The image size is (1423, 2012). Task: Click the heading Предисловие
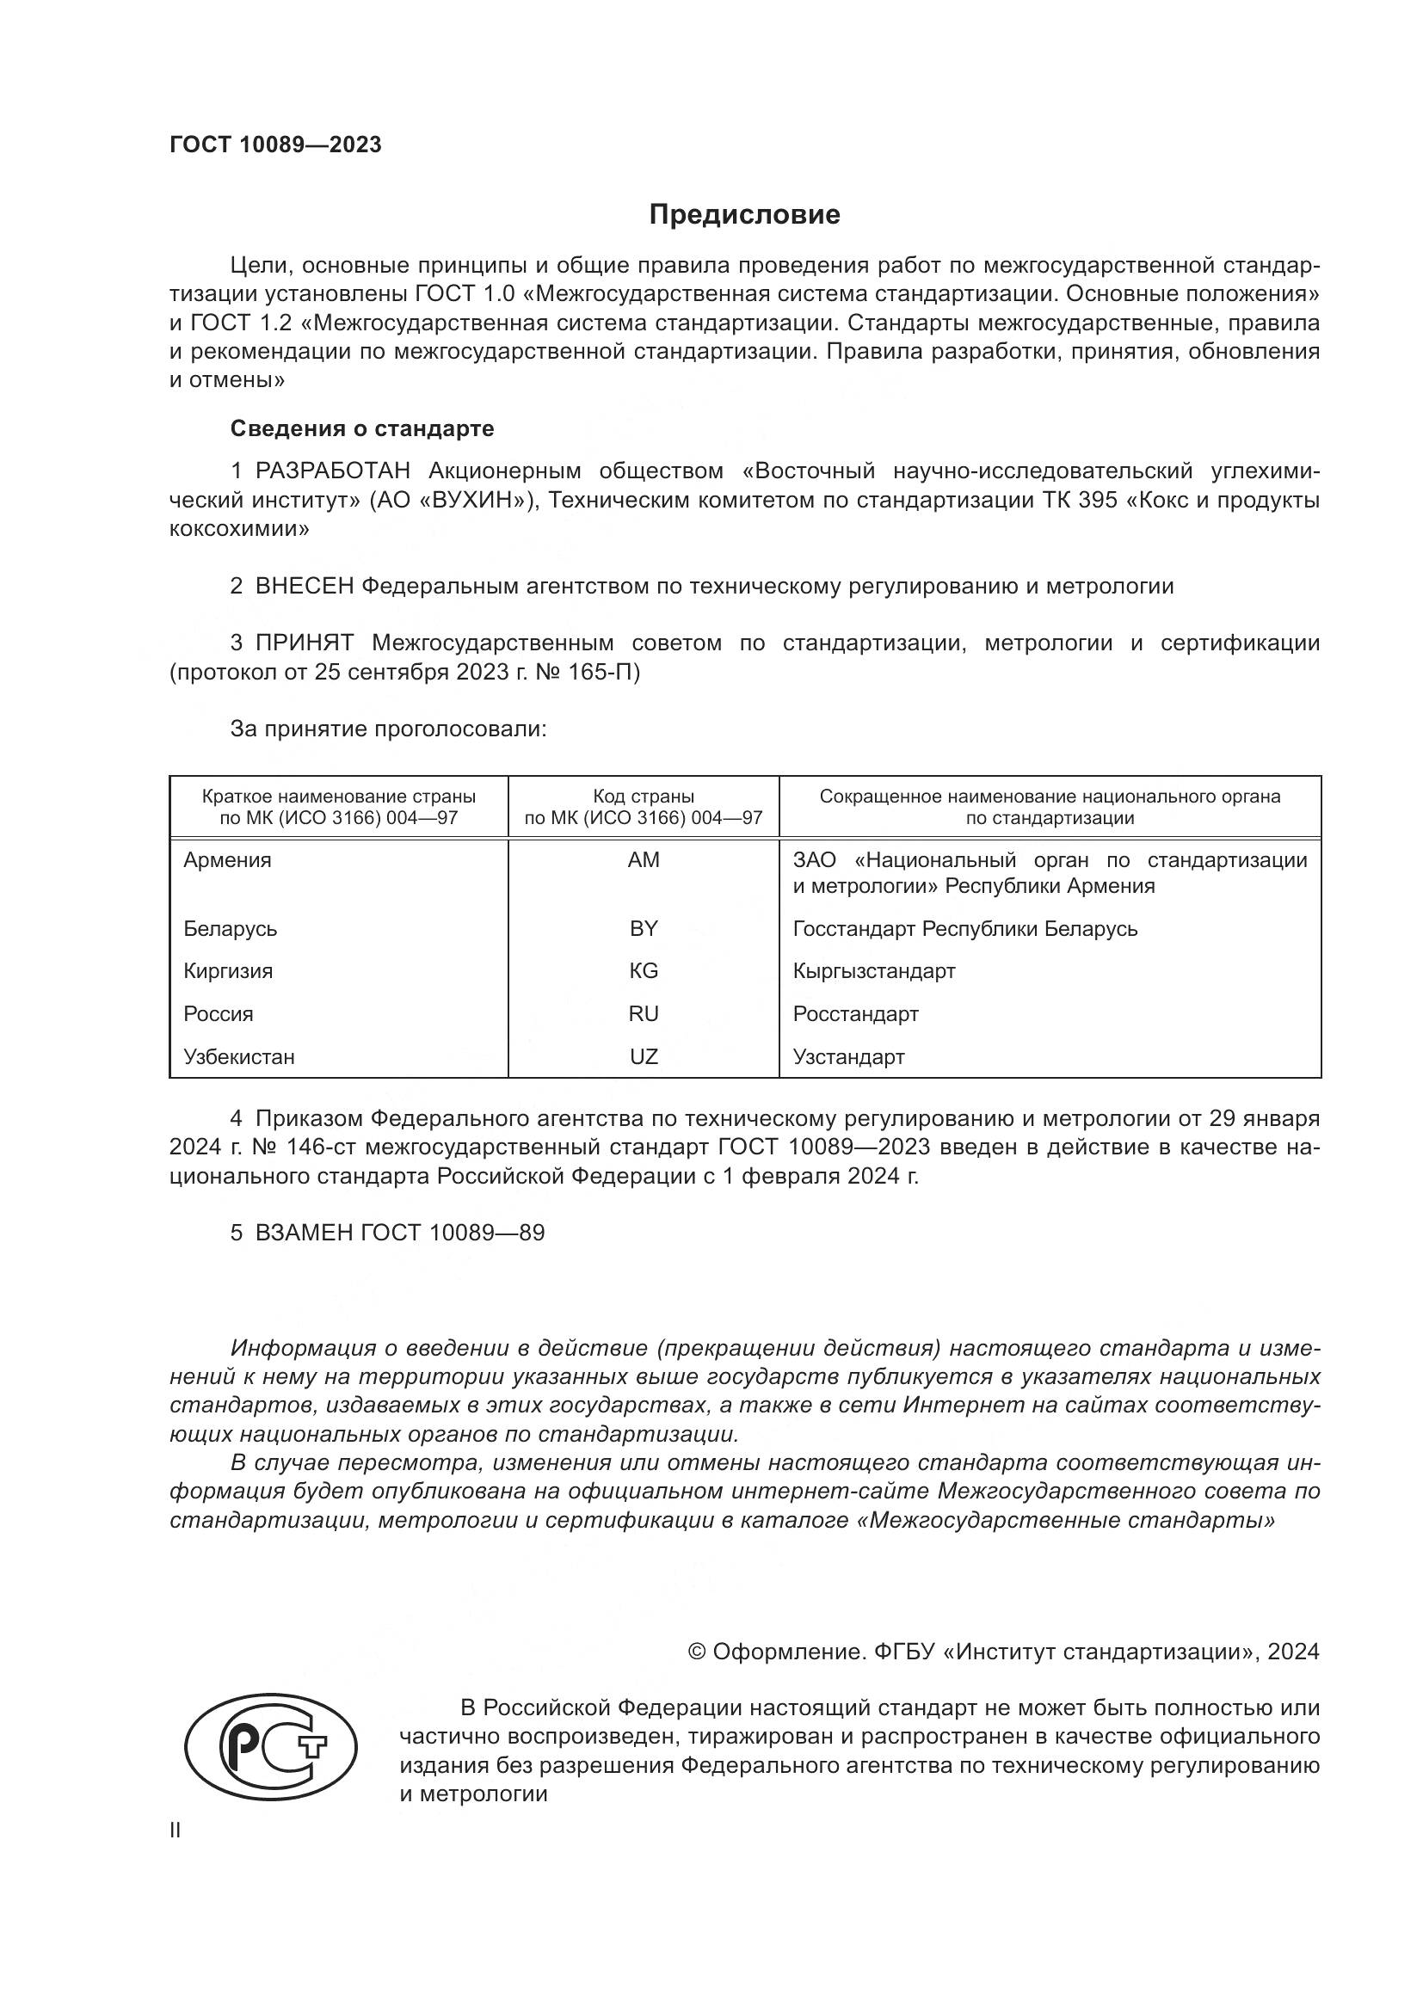pyautogui.click(x=744, y=215)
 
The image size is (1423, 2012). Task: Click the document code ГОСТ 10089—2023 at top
pyautogui.click(x=275, y=145)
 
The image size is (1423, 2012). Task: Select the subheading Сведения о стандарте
pyautogui.click(x=362, y=428)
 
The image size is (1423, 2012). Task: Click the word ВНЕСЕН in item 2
pyautogui.click(x=304, y=587)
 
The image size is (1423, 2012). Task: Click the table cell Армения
pyautogui.click(x=227, y=859)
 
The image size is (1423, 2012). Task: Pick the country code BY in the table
pyautogui.click(x=644, y=928)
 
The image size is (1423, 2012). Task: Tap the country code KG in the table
pyautogui.click(x=644, y=971)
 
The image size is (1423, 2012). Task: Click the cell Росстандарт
pyautogui.click(x=855, y=1014)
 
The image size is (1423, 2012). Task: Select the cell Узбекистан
pyautogui.click(x=238, y=1057)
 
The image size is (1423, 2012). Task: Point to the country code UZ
pyautogui.click(x=644, y=1057)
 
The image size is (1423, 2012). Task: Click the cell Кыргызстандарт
pyautogui.click(x=873, y=971)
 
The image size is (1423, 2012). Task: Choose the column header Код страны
pyautogui.click(x=644, y=797)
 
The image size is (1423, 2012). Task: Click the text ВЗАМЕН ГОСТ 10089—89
pyautogui.click(x=399, y=1233)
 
